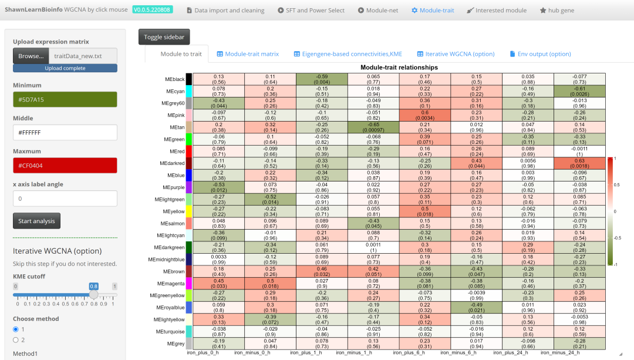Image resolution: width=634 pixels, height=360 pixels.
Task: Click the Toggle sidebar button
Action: click(164, 37)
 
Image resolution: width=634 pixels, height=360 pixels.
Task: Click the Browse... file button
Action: click(31, 56)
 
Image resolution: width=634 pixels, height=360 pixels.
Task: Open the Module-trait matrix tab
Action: click(248, 54)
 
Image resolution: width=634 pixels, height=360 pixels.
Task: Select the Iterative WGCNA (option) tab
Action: click(456, 54)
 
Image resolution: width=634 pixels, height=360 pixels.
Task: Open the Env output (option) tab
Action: click(540, 54)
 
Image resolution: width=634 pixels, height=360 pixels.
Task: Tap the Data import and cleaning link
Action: click(225, 11)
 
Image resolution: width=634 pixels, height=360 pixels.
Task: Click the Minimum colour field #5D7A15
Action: click(65, 100)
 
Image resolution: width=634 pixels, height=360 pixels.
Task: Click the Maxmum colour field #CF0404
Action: click(65, 166)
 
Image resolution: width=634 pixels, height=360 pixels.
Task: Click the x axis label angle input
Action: click(65, 198)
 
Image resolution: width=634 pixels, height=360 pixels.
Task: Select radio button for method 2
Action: click(16, 339)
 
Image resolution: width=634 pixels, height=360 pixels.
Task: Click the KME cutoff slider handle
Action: click(93, 295)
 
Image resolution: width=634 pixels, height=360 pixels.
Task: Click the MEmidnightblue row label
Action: click(166, 259)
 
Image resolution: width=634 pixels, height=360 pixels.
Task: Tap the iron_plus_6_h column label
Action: click(409, 353)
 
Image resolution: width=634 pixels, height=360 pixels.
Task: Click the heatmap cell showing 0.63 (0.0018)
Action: click(579, 163)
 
